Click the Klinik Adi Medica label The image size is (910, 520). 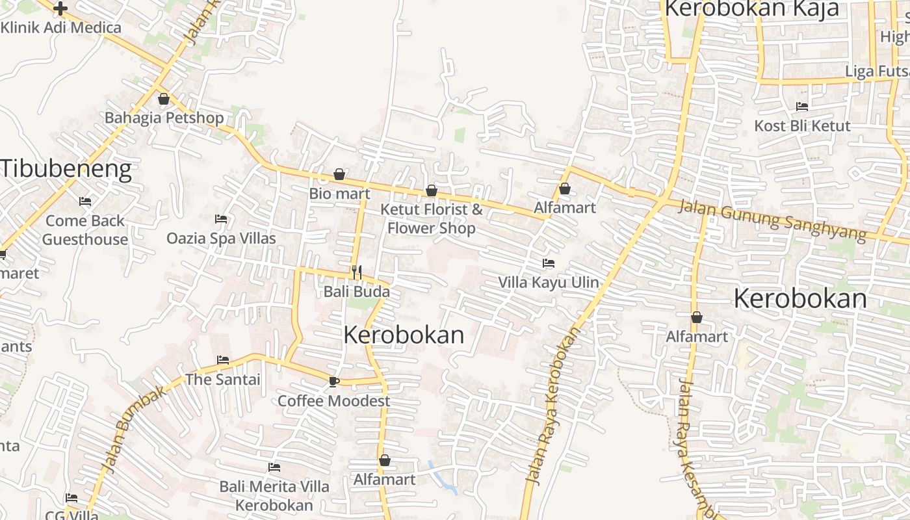(61, 27)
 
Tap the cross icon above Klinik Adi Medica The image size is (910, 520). (60, 8)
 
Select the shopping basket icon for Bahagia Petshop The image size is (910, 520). (163, 99)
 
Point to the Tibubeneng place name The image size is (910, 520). (66, 168)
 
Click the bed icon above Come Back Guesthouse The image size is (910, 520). (84, 201)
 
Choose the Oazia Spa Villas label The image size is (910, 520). (221, 238)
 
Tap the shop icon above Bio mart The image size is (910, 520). (339, 174)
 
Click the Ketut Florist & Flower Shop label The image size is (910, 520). (432, 218)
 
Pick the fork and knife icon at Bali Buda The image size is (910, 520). (356, 272)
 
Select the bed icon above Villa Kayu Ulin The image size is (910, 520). (549, 263)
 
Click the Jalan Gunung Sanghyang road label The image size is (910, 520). (772, 221)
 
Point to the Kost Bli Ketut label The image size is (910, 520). (802, 125)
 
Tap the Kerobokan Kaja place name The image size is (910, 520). (751, 9)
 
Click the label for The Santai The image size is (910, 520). (223, 379)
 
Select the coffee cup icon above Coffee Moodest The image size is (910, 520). (334, 382)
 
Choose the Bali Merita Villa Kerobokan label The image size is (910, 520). (274, 495)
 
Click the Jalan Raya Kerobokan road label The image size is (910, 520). (553, 406)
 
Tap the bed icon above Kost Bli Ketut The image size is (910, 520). (802, 107)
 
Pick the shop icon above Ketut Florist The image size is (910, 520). (431, 190)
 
